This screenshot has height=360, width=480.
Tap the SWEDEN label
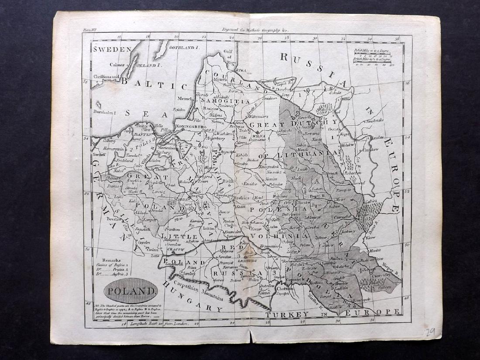112,49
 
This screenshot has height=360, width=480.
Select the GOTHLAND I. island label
184,46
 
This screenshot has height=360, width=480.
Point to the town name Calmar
118,65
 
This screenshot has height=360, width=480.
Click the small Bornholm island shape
100,105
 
